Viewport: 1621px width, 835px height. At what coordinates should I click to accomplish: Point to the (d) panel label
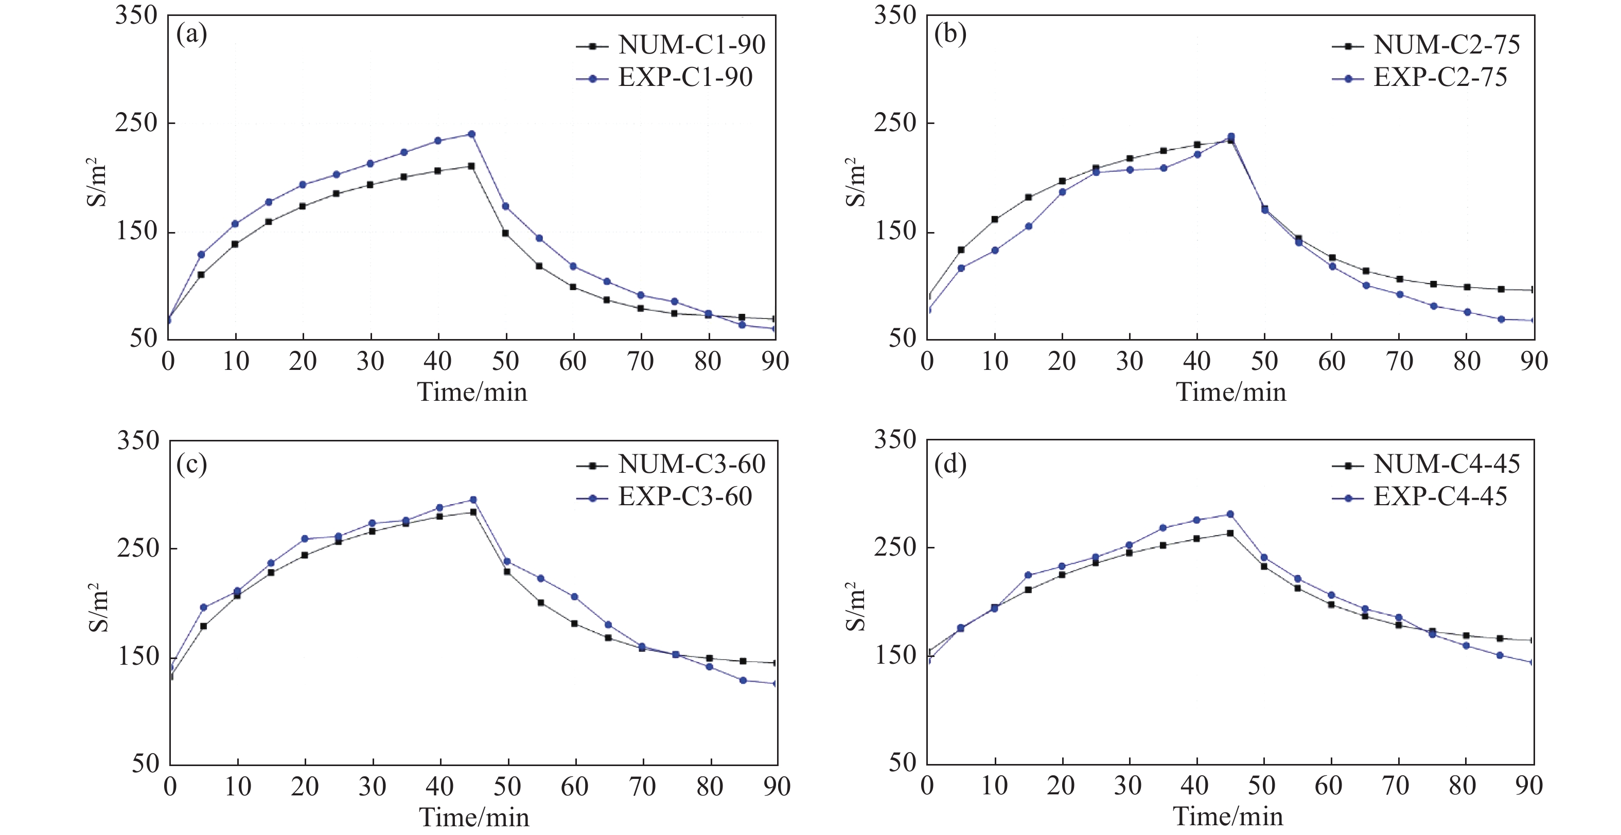pyautogui.click(x=950, y=465)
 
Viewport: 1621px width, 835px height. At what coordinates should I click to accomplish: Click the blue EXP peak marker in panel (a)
pyautogui.click(x=471, y=134)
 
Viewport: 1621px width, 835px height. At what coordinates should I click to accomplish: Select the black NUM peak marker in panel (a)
pyautogui.click(x=471, y=166)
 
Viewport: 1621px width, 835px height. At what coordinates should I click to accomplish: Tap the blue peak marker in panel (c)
pyautogui.click(x=473, y=500)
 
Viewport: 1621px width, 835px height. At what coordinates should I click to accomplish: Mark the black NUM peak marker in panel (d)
pyautogui.click(x=1230, y=534)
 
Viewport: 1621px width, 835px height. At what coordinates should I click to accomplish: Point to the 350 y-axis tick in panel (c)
pyautogui.click(x=138, y=440)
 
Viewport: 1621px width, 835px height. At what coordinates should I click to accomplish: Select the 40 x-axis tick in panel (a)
pyautogui.click(x=437, y=361)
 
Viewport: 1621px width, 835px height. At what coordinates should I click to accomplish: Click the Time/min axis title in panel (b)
pyautogui.click(x=1231, y=392)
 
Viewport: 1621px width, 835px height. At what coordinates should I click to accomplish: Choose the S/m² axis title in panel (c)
pyautogui.click(x=98, y=607)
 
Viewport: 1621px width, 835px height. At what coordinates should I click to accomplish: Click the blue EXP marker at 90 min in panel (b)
pyautogui.click(x=1533, y=321)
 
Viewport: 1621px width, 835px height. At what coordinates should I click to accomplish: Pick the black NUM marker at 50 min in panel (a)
pyautogui.click(x=505, y=233)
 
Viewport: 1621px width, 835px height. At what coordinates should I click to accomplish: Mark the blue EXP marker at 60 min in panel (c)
pyautogui.click(x=574, y=596)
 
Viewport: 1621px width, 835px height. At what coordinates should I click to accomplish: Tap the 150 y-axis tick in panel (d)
pyautogui.click(x=894, y=655)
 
